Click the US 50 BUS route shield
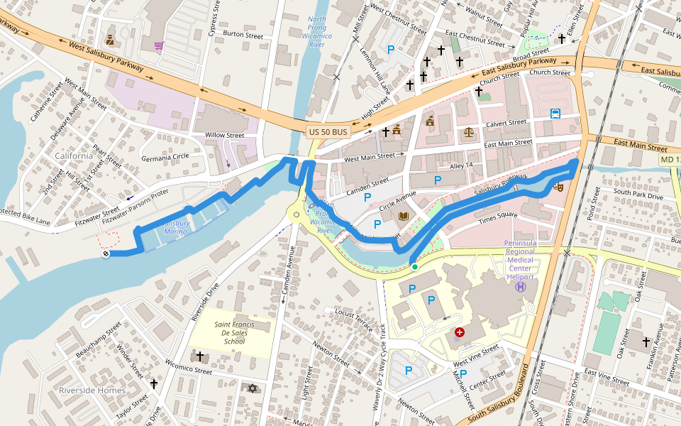[328, 132]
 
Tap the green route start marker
[414, 267]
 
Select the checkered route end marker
[106, 253]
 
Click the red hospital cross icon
[460, 332]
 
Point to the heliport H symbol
[521, 287]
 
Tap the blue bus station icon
[555, 114]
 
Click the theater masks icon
[558, 187]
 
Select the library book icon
[404, 216]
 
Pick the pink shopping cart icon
[158, 46]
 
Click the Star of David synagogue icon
[251, 388]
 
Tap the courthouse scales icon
[468, 131]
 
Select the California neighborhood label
[74, 155]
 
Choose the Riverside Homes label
[92, 390]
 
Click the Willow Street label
[224, 135]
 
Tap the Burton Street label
[243, 35]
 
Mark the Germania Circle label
[165, 157]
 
